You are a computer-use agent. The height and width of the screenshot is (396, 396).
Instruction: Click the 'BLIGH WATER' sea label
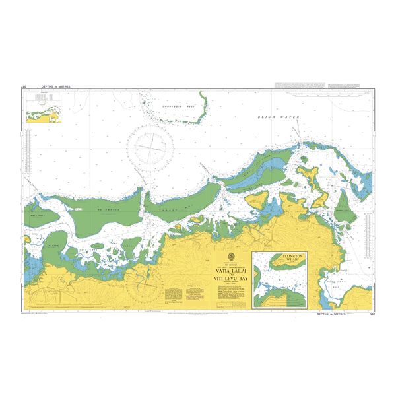pos(279,117)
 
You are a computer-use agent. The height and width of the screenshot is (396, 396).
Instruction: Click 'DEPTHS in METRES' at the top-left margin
pos(55,86)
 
